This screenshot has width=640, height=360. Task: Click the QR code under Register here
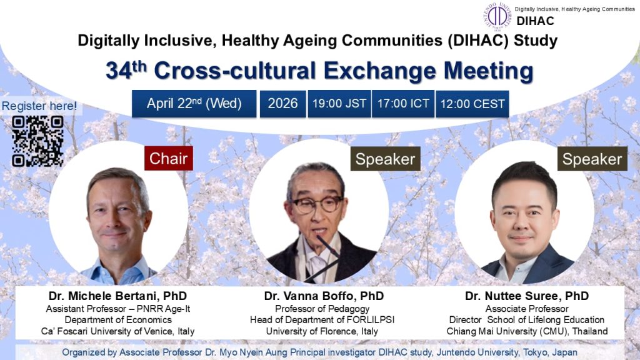37,141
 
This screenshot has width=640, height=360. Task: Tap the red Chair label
168,159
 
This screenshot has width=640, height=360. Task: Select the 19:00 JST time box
339,104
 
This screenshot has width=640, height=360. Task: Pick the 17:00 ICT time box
403,104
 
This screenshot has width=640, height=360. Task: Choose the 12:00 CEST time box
472,104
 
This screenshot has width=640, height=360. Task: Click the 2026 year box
282,104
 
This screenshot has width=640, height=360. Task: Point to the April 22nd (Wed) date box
194,104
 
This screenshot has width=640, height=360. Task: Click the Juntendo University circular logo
498,16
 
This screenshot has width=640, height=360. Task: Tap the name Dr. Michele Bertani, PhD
117,296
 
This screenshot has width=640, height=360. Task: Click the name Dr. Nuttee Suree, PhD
527,296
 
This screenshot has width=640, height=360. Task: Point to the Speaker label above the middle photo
384,159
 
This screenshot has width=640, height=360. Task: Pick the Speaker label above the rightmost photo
592,159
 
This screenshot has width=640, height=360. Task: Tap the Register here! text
39,106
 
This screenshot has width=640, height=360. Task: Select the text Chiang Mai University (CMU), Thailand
527,331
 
